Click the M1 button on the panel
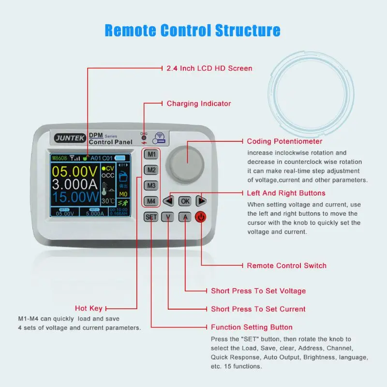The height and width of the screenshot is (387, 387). click(151, 155)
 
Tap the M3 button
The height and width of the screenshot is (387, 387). click(151, 186)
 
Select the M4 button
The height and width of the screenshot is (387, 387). click(151, 201)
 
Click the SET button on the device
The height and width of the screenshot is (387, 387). click(151, 217)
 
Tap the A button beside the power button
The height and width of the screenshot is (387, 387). click(185, 217)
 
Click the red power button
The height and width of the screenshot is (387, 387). click(201, 217)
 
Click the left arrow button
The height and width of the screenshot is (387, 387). click(168, 201)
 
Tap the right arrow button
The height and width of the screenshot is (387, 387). click(201, 201)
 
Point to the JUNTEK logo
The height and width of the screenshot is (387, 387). click(70, 138)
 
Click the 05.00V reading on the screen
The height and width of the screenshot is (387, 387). click(74, 172)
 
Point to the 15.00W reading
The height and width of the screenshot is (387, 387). click(74, 197)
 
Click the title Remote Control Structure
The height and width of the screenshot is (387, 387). click(193, 30)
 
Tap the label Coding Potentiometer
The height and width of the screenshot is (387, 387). click(284, 141)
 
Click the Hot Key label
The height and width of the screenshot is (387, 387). click(89, 308)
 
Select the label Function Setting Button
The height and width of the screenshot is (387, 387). click(252, 327)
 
